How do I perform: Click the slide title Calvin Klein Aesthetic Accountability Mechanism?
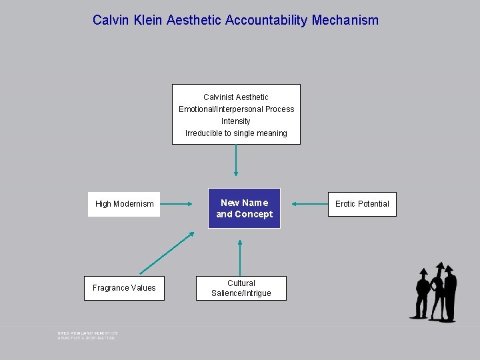(x=235, y=20)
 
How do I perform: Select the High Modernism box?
(x=125, y=204)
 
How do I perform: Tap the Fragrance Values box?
(x=124, y=288)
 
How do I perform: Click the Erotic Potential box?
(x=362, y=204)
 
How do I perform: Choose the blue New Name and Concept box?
(x=244, y=209)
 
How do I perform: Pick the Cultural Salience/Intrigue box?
(x=241, y=288)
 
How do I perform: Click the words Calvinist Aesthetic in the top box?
(x=236, y=97)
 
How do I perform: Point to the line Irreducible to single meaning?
(x=236, y=133)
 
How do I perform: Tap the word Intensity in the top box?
(x=236, y=121)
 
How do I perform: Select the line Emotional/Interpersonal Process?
(x=236, y=109)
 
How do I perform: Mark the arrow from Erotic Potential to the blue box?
(x=309, y=204)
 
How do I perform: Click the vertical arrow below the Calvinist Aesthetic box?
(x=236, y=160)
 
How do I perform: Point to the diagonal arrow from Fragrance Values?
(x=167, y=253)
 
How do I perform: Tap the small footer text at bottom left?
(x=87, y=335)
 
